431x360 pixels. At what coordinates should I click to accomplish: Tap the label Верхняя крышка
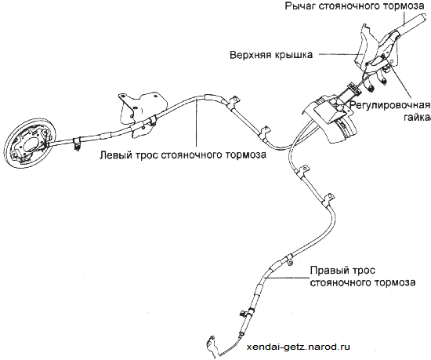coord(271,55)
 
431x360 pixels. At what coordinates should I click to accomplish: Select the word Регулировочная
coord(389,105)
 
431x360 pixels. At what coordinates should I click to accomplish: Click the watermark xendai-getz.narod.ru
coord(299,347)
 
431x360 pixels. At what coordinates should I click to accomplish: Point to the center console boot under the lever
coord(330,121)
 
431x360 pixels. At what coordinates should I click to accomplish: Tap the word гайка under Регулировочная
coord(417,118)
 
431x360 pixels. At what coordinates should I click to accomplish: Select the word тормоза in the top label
coord(404,6)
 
